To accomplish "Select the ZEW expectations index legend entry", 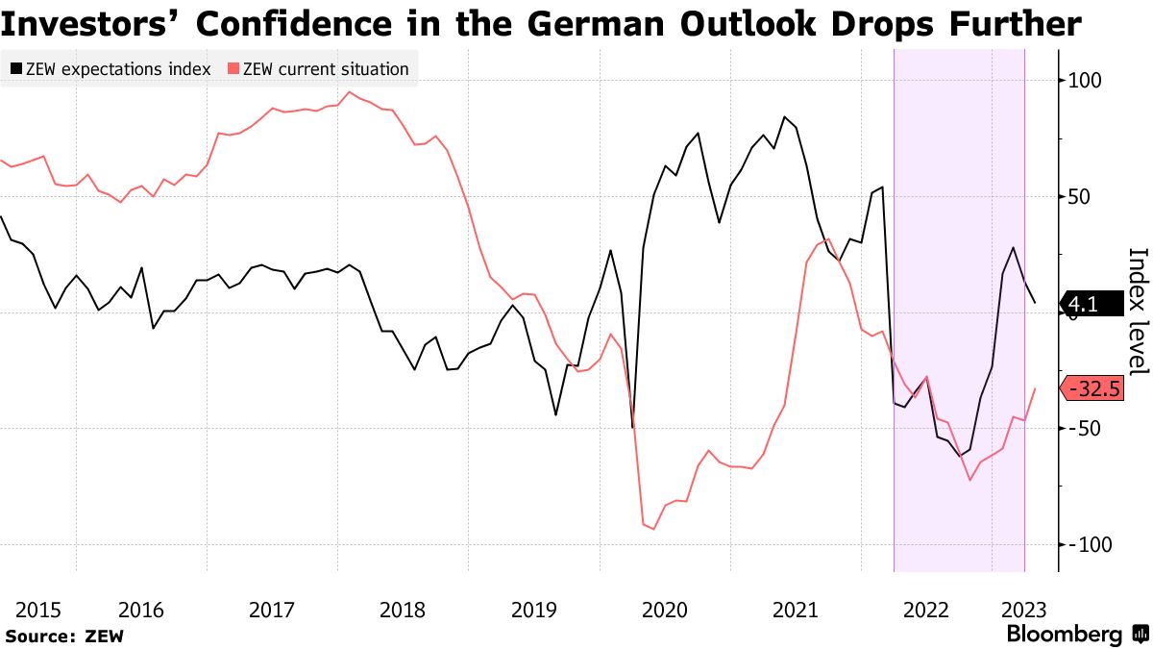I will click(x=110, y=69).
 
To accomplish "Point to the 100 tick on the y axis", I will click(x=1092, y=81).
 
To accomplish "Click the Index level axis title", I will click(x=1137, y=312).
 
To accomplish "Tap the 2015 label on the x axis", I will click(x=38, y=610).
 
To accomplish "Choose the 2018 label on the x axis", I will click(x=403, y=610).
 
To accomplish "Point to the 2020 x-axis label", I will click(x=664, y=610).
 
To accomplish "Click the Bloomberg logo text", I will click(x=1064, y=635).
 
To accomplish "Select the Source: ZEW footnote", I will click(x=64, y=636).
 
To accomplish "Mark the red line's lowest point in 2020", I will click(x=654, y=529).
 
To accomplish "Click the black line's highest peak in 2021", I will click(x=785, y=117).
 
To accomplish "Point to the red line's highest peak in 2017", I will click(x=349, y=92).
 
